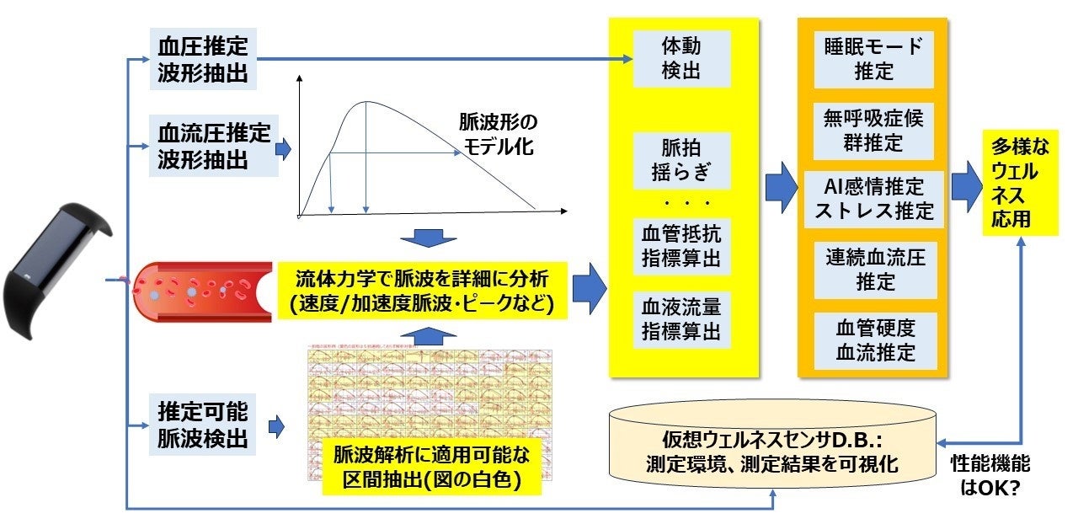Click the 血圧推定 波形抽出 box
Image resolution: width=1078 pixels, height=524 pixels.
pyautogui.click(x=203, y=59)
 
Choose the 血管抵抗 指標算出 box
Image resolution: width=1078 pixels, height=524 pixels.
pyautogui.click(x=681, y=245)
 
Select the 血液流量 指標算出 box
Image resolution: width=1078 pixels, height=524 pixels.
pyautogui.click(x=681, y=318)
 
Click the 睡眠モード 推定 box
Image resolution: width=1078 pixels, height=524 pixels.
pyautogui.click(x=874, y=58)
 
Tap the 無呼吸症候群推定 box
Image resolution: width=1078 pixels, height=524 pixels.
pyautogui.click(x=874, y=131)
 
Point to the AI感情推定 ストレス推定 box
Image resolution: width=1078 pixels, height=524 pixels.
pyautogui.click(x=874, y=198)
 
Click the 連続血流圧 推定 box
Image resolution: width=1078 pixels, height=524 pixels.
pyautogui.click(x=874, y=270)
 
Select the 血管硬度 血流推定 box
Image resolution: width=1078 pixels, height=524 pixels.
pyautogui.click(x=874, y=339)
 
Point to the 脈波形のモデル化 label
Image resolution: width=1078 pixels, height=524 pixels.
pyautogui.click(x=496, y=133)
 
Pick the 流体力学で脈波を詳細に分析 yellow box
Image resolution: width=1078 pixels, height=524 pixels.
pyautogui.click(x=422, y=291)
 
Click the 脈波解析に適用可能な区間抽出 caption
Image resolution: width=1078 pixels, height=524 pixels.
pyautogui.click(x=432, y=468)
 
